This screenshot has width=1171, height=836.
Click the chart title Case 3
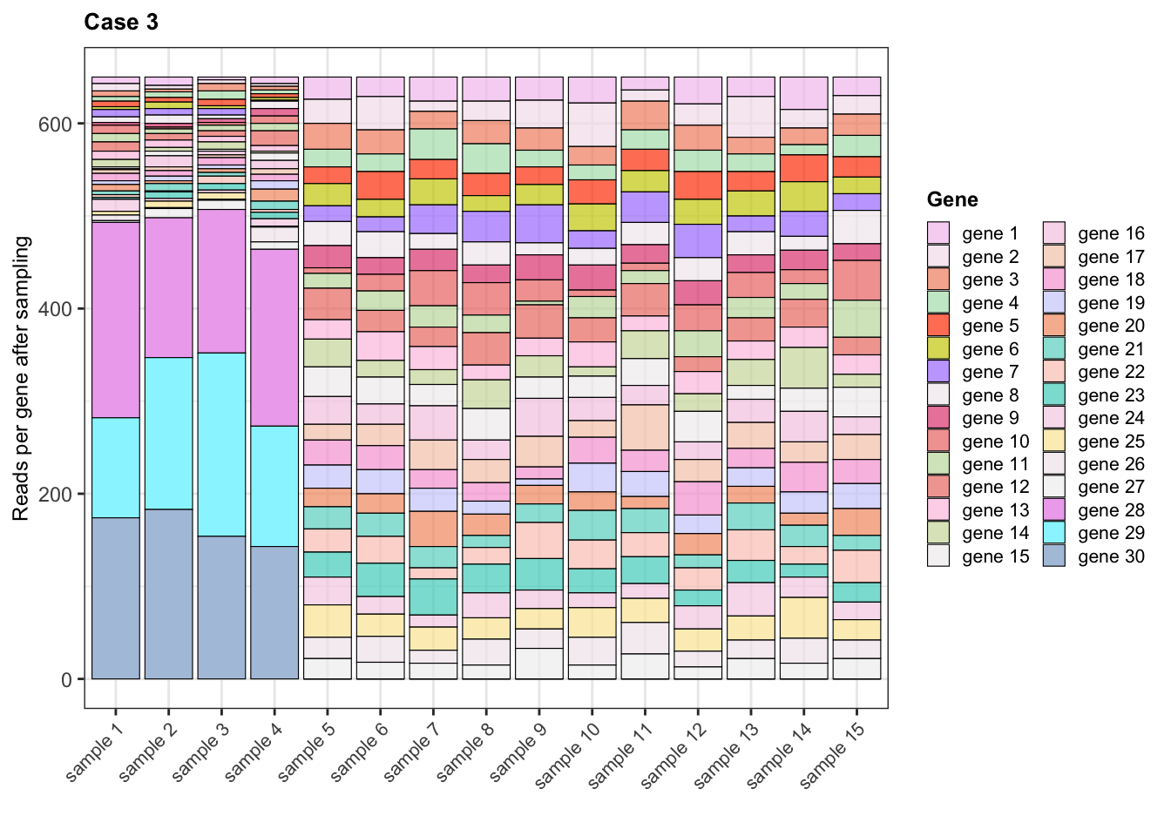tap(121, 23)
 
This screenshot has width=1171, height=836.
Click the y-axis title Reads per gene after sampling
tap(22, 378)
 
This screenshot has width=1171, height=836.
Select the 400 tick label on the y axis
tap(55, 309)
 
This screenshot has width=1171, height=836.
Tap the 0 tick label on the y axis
tap(66, 680)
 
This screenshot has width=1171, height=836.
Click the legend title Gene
tap(952, 199)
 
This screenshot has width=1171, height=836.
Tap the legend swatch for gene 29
tap(1054, 533)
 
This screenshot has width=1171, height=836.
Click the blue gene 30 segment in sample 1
tap(116, 598)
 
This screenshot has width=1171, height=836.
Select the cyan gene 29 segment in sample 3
tap(221, 444)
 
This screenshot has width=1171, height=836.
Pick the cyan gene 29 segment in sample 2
tap(168, 433)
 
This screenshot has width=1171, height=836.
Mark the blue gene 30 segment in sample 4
tap(274, 612)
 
